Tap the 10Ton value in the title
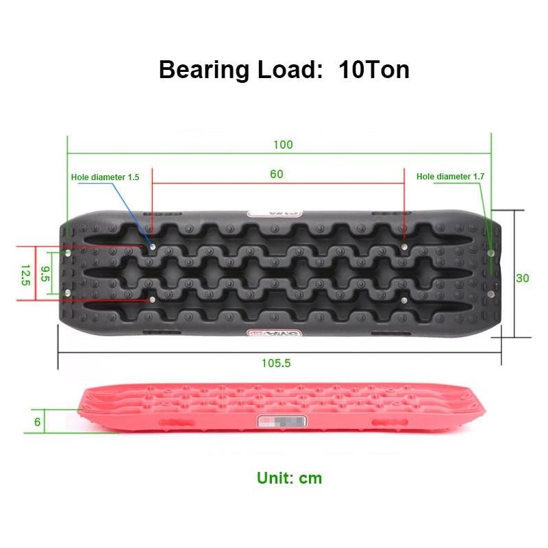[x=373, y=70]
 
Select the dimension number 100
[x=282, y=145]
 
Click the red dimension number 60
[x=276, y=174]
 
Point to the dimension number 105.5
[x=277, y=363]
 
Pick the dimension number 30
[x=523, y=278]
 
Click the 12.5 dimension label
[x=26, y=274]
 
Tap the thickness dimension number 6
[x=38, y=422]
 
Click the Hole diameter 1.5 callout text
[x=105, y=177]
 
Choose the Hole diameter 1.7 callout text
[x=450, y=176]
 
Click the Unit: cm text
[x=289, y=477]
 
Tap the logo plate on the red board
[x=282, y=423]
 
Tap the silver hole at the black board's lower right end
[x=491, y=294]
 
